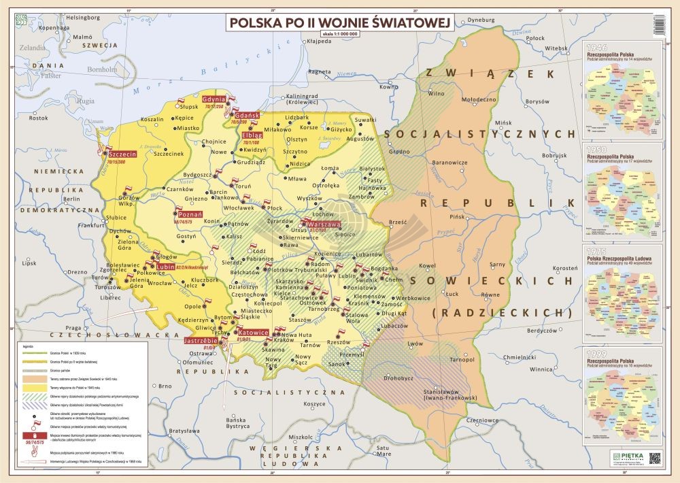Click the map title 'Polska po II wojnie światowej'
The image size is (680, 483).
[x=339, y=22]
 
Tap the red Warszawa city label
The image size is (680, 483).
[x=319, y=224]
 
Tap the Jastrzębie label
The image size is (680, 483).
[x=201, y=339]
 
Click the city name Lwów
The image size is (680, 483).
[x=415, y=344]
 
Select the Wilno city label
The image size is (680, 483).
[x=436, y=93]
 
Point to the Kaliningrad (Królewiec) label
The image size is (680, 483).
[x=302, y=100]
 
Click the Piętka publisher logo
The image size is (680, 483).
[x=624, y=457]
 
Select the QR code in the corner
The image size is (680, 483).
[x=655, y=457]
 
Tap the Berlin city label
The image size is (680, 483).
[x=71, y=199]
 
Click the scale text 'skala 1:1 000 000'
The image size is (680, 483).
[x=339, y=34]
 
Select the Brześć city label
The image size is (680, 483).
[x=397, y=222]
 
